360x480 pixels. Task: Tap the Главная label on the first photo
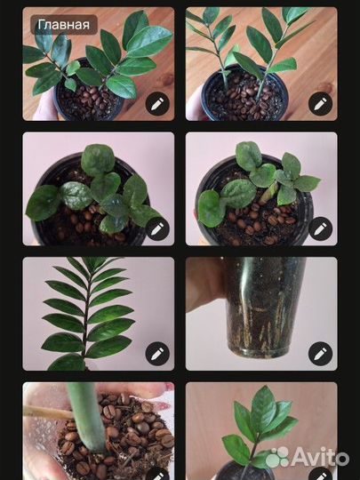[x=64, y=25]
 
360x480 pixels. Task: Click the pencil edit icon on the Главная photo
[x=157, y=104]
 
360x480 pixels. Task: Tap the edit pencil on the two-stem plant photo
[x=321, y=104]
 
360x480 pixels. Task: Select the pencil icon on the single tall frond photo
[x=157, y=354]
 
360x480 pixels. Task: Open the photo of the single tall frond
[x=99, y=314]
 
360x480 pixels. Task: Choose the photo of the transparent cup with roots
[x=261, y=314]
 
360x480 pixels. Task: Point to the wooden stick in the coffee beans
[x=48, y=412]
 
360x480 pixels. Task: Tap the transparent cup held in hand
[x=264, y=307]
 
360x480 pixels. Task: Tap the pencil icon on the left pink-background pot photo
[x=157, y=228]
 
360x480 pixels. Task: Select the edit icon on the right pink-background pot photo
[x=321, y=228]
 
